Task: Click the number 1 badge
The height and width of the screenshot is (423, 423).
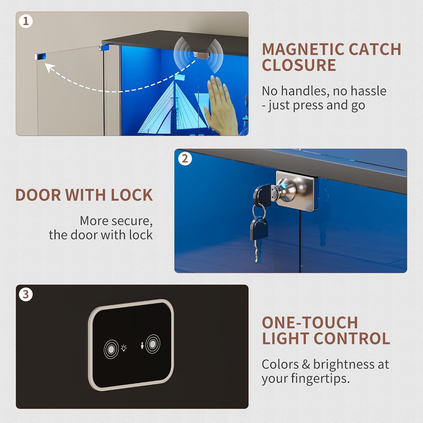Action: tap(26, 21)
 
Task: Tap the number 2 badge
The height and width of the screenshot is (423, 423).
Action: tap(185, 158)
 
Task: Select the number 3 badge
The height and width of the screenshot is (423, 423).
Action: tap(26, 294)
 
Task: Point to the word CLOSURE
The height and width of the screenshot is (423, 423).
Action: tap(299, 65)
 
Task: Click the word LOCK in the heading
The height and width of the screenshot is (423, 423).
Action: tap(132, 195)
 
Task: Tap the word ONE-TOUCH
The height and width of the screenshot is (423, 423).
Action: tap(310, 323)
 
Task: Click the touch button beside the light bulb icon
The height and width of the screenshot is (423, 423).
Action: tap(111, 349)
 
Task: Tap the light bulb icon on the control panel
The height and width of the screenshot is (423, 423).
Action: tap(124, 348)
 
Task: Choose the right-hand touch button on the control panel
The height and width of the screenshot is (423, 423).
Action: tap(153, 344)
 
